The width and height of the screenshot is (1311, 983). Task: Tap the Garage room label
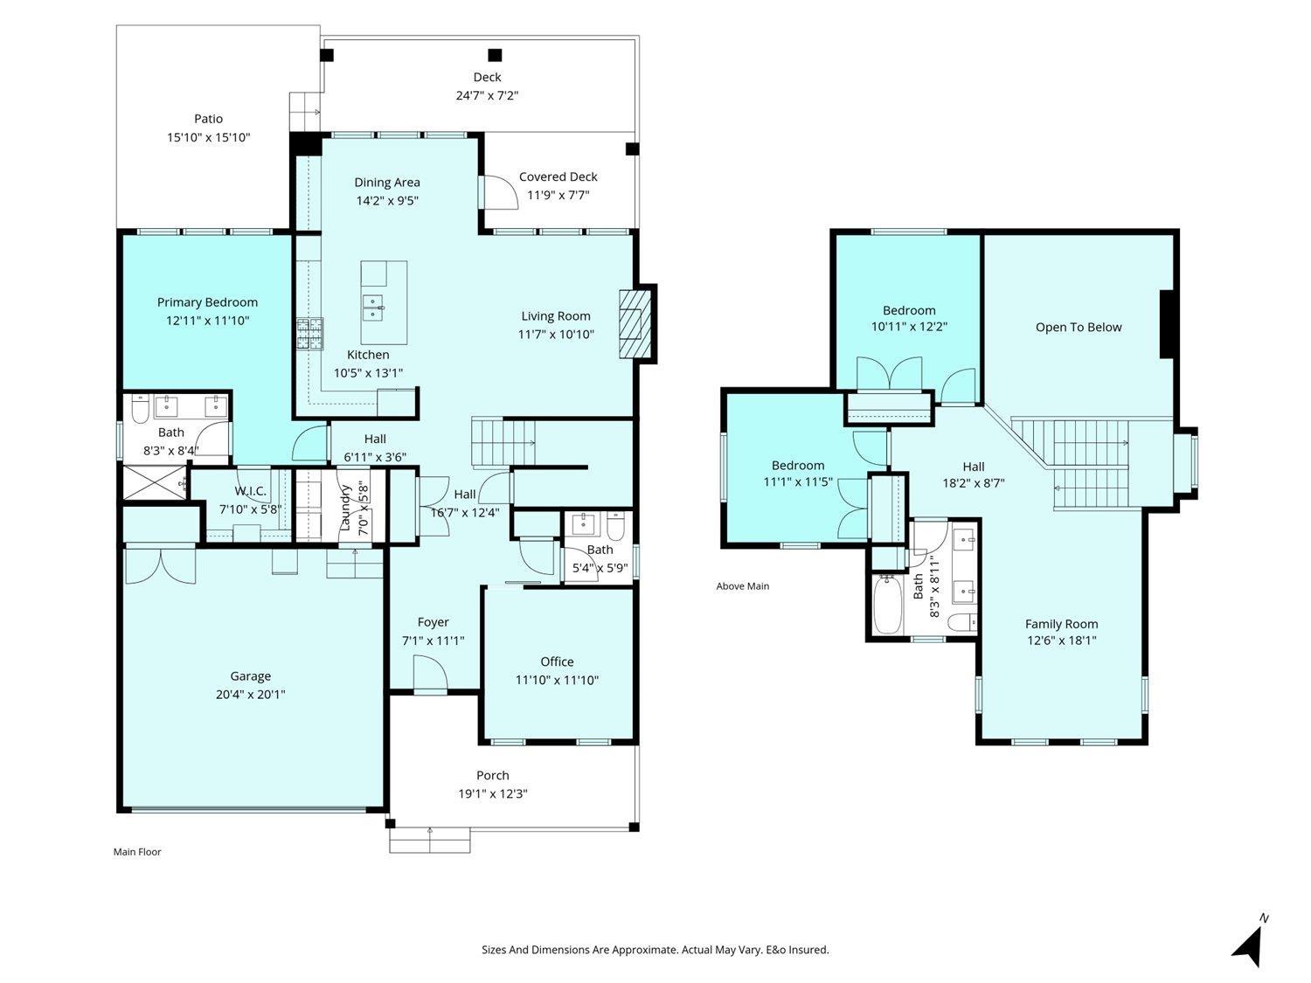(x=250, y=676)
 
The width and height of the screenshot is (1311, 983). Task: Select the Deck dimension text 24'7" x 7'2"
(x=487, y=95)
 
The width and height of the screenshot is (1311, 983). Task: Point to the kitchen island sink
(x=373, y=308)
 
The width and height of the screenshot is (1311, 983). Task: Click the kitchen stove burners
(x=310, y=334)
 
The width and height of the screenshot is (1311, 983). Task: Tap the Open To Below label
(x=1078, y=327)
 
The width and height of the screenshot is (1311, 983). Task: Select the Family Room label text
(x=1061, y=624)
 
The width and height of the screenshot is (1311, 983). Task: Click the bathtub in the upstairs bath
(x=887, y=605)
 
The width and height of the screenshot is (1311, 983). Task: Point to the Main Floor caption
(x=137, y=852)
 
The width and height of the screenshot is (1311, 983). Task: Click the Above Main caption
(x=742, y=586)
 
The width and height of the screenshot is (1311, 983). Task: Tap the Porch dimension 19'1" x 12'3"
(x=493, y=793)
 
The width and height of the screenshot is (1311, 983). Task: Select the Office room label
(x=557, y=661)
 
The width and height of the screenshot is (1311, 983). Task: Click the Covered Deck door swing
(x=501, y=192)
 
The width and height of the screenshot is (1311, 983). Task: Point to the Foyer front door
(x=430, y=673)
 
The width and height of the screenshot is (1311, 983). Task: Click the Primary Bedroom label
(x=207, y=302)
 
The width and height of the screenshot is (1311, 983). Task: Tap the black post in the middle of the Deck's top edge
(x=495, y=56)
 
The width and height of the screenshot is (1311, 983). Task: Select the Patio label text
(x=208, y=119)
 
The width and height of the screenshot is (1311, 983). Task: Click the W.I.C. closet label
(x=250, y=491)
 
